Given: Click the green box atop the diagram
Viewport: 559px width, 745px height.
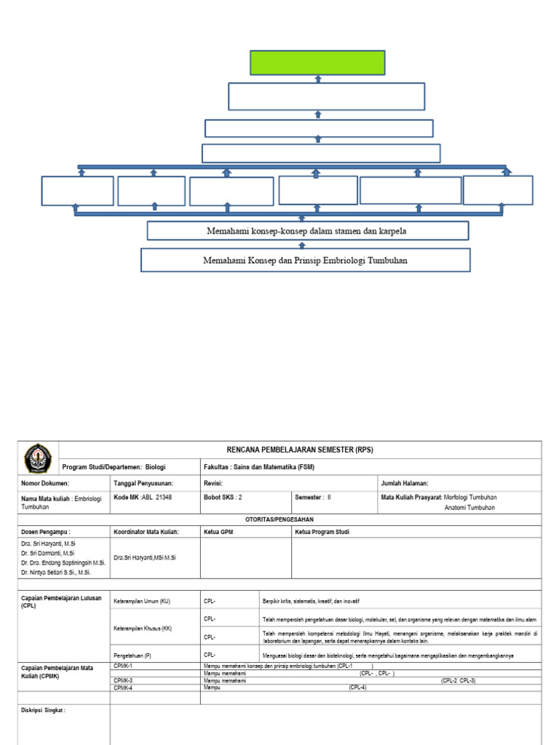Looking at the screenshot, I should coord(317,63).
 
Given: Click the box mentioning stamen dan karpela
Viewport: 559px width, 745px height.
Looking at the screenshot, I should coord(307,231).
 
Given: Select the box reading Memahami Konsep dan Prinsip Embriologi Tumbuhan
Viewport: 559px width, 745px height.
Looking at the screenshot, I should coord(305,260).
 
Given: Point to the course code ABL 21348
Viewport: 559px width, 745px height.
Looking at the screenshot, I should coord(143,497).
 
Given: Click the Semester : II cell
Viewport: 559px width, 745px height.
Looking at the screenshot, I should coord(313,497).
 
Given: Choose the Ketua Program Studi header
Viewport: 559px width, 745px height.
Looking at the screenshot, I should coord(322,532).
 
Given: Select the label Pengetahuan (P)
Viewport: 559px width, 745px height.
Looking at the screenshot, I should coord(132,656).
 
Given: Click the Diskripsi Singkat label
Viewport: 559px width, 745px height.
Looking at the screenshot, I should coord(44,710).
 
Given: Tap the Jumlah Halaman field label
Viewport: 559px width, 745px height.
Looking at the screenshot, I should coord(405,483).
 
